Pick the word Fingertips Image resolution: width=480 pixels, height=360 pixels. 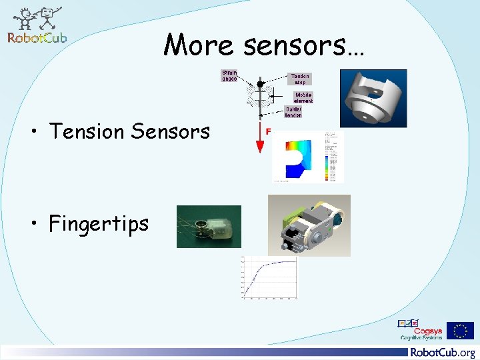[x=99, y=223]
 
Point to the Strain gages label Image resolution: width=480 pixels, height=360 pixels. [x=229, y=75]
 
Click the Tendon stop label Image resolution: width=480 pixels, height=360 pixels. [x=299, y=79]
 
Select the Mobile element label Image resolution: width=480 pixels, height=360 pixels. [x=299, y=97]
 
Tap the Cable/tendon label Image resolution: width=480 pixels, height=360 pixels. [x=293, y=112]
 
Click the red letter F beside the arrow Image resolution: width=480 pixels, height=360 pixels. [x=268, y=132]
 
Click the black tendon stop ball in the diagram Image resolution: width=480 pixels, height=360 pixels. [x=260, y=84]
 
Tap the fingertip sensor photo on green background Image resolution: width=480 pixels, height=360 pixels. [x=209, y=226]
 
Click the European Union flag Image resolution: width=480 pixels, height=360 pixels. [x=460, y=331]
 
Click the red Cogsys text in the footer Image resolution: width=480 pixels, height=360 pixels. [x=426, y=329]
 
